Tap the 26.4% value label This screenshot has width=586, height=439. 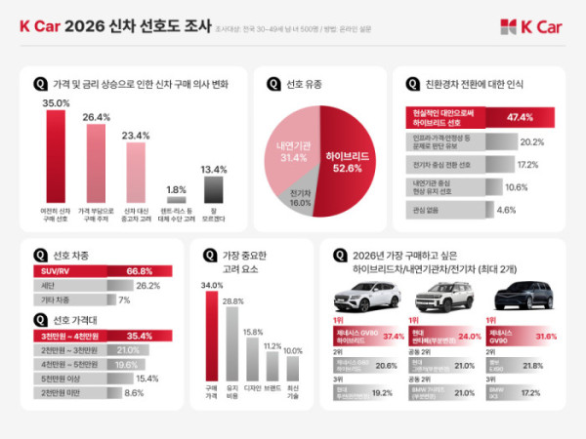pyautogui.click(x=95, y=117)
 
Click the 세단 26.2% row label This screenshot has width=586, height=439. pyautogui.click(x=50, y=286)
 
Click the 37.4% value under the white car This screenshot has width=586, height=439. pyautogui.click(x=394, y=336)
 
